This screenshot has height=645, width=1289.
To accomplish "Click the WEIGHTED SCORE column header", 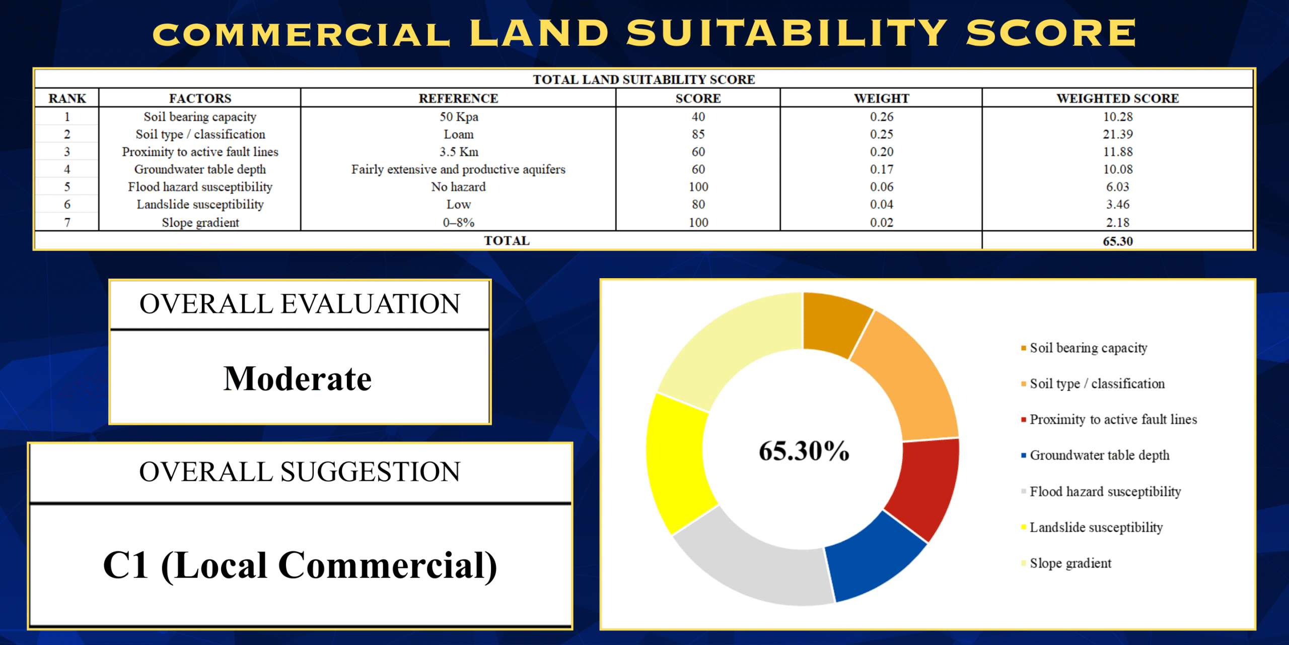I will (1117, 98).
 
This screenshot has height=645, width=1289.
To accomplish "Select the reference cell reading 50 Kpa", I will (459, 117).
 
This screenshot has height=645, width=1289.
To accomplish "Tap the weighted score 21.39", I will (1117, 135).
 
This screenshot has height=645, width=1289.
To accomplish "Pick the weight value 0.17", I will (881, 169).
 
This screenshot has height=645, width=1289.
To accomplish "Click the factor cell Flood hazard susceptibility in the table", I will (200, 187).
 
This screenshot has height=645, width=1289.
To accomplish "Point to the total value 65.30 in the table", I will (1117, 241).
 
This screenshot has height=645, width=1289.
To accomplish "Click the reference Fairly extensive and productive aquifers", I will (458, 169).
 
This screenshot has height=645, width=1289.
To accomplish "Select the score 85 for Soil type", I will (698, 135).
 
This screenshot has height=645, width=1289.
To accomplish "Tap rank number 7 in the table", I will (67, 222).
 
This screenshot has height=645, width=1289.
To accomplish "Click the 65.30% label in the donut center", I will (804, 450).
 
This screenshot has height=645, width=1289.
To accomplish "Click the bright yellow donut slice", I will (677, 461).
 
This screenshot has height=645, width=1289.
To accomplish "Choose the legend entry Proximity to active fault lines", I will (1113, 419).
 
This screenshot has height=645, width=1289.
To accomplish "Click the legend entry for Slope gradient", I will (1070, 563).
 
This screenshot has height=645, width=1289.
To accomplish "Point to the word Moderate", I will (298, 379).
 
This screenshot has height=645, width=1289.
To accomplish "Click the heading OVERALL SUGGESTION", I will (300, 472).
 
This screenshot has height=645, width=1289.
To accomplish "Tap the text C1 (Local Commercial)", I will (300, 565).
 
